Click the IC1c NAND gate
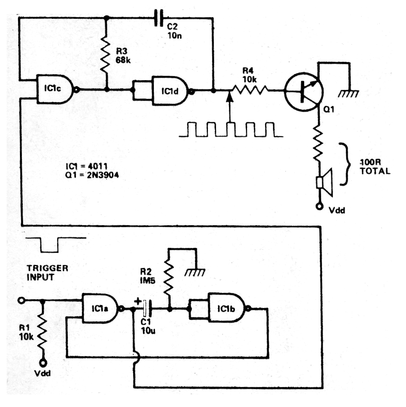coord(55,89)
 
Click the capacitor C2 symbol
coord(159,18)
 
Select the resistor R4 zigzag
coord(249,90)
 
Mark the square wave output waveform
coord(231,130)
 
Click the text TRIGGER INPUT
coord(47,272)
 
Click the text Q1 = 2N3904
coord(93,176)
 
